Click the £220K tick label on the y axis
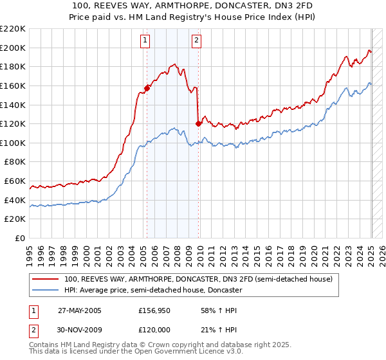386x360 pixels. pyautogui.click(x=14, y=29)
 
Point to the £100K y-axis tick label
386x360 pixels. pyautogui.click(x=14, y=143)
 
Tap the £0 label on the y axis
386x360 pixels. pyautogui.click(x=21, y=238)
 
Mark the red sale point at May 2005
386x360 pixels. pyautogui.click(x=147, y=89)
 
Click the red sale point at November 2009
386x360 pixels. pyautogui.click(x=198, y=124)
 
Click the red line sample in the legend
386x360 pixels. pyautogui.click(x=46, y=280)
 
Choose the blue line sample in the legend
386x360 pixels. pyautogui.click(x=46, y=290)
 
